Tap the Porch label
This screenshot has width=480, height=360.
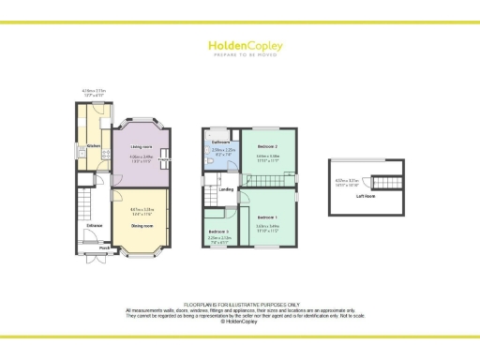[x=92, y=247]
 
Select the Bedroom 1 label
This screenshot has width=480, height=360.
[x=267, y=217]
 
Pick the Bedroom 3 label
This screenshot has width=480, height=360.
[x=219, y=231]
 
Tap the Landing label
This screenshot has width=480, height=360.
[x=226, y=190]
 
